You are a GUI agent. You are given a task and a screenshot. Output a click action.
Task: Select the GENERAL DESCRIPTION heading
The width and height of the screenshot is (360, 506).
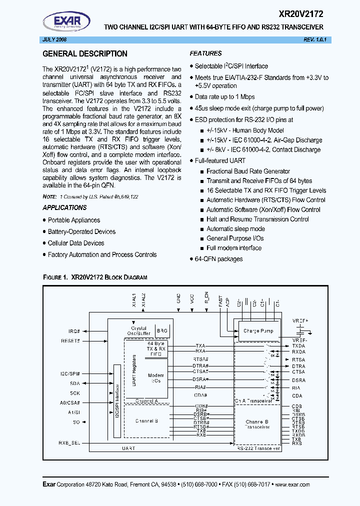85,54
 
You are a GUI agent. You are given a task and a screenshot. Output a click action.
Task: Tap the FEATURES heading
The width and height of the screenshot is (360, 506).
205,53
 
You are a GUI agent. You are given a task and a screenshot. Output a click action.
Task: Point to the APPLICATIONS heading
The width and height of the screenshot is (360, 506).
64,207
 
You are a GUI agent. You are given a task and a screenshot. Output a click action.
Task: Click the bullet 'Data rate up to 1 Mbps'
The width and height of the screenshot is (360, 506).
224,97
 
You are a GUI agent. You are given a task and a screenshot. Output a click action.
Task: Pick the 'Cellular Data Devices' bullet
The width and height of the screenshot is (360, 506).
76,243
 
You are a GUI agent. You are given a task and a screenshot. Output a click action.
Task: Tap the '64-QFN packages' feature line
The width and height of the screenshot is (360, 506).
218,259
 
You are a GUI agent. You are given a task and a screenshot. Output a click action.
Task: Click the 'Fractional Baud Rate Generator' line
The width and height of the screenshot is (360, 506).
248,171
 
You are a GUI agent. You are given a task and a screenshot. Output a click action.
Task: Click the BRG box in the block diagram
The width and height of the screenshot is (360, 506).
162,330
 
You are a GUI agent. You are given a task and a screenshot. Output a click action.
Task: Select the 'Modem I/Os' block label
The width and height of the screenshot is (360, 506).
156,378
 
